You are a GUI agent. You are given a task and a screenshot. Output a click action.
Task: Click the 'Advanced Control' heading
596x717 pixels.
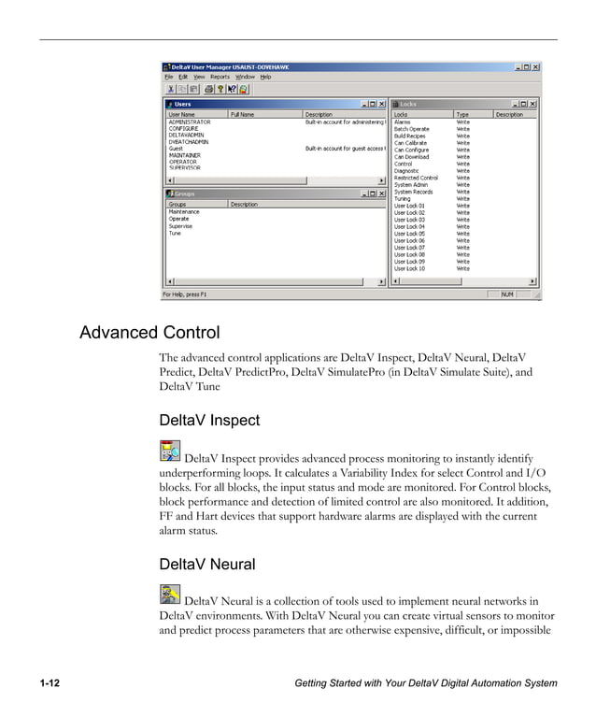tap(149, 333)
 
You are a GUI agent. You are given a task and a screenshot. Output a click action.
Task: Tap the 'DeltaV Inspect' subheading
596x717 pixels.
tap(209, 421)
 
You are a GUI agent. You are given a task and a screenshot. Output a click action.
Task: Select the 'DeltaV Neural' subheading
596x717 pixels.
tap(206, 565)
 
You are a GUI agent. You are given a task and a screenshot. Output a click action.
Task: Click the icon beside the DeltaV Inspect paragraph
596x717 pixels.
tap(170, 452)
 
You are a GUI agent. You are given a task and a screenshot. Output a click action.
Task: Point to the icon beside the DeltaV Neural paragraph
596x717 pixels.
tap(170, 595)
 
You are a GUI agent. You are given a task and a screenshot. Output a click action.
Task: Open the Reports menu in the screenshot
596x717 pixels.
tap(220, 77)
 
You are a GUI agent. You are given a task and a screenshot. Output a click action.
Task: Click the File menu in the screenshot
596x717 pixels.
tap(168, 77)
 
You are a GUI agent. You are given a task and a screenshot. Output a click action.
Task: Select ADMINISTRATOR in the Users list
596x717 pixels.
tap(190, 122)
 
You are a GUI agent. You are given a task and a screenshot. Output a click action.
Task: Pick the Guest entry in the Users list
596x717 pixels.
tap(176, 149)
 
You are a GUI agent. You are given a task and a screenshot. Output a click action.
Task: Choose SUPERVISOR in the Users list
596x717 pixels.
tap(185, 168)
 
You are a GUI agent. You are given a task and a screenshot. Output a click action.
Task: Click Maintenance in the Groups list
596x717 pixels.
tap(184, 212)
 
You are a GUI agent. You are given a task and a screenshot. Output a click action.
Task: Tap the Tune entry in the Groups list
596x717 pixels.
tap(175, 233)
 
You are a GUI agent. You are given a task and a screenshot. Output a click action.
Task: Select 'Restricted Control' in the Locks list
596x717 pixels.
tap(416, 178)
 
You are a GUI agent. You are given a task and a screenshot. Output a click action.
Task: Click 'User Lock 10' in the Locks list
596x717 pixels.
tap(410, 268)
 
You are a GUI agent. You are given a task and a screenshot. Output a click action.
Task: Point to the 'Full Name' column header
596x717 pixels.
tap(242, 115)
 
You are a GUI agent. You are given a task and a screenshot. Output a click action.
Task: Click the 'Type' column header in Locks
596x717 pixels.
tap(462, 115)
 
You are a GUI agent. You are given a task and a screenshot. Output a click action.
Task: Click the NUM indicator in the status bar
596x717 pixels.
tap(507, 294)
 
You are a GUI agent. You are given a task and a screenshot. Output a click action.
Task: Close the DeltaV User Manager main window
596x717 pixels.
tap(536, 67)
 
